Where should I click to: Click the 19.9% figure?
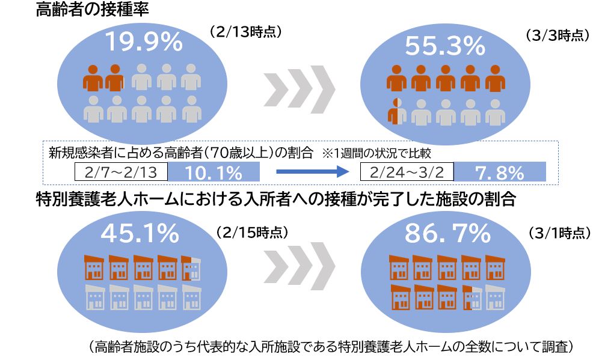(143, 41)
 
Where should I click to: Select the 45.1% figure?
(140, 232)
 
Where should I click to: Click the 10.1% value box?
(214, 172)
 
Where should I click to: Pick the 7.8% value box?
(500, 172)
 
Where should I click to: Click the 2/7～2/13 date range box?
(120, 172)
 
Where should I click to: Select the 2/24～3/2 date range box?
(407, 172)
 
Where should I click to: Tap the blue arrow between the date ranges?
(312, 172)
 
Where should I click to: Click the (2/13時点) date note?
(245, 31)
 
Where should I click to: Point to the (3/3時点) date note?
(557, 35)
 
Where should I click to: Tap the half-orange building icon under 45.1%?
(191, 268)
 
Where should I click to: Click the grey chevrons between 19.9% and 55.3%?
(299, 91)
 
